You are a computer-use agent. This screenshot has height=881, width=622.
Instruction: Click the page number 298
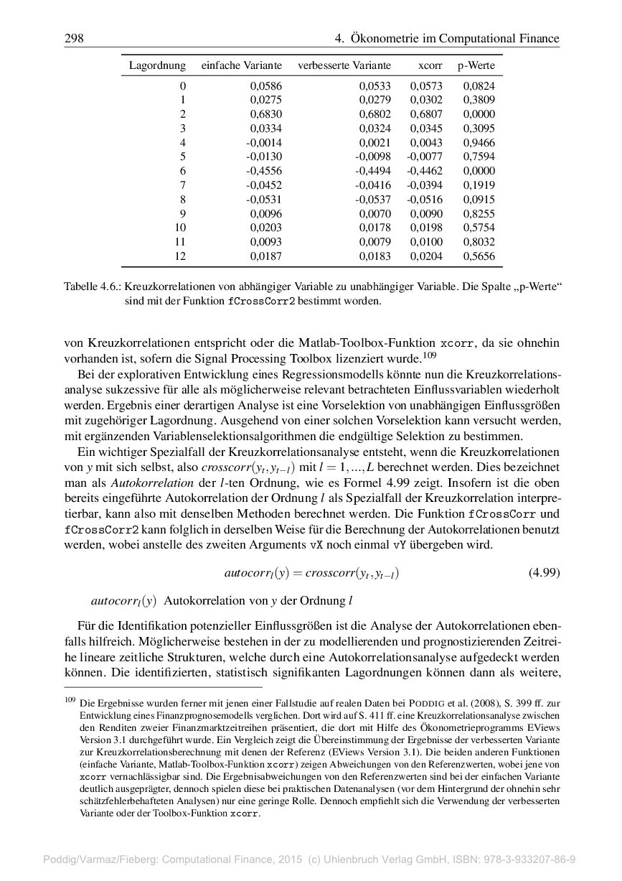click(74, 38)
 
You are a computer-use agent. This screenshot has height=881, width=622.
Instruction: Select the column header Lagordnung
click(157, 66)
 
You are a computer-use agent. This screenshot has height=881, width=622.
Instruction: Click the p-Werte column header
click(476, 66)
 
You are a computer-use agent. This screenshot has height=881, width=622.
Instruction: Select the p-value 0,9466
click(479, 143)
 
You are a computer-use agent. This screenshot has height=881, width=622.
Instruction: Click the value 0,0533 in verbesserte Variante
click(375, 86)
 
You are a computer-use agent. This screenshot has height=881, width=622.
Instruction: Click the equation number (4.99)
click(543, 573)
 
